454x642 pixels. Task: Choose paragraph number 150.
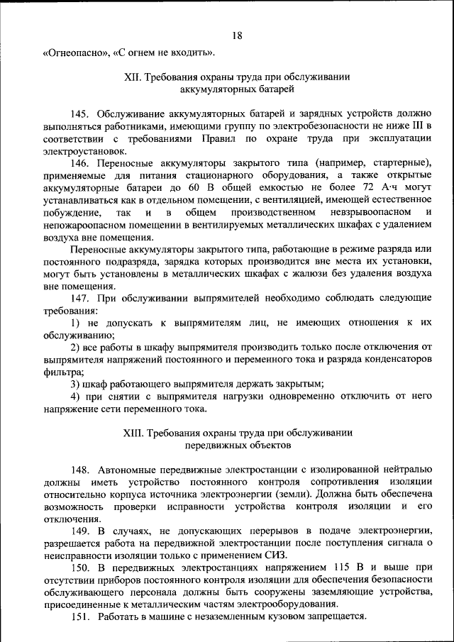click(79, 568)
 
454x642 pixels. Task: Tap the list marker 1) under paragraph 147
click(75, 323)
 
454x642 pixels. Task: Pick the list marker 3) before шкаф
click(75, 384)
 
